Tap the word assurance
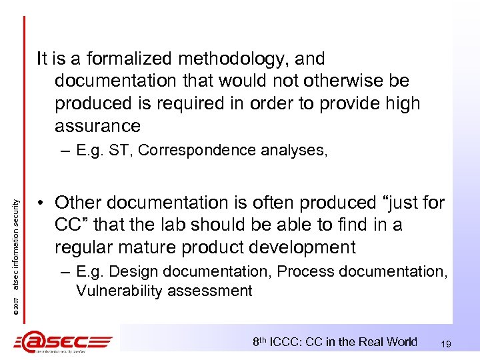(97, 125)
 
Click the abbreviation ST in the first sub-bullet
(124, 151)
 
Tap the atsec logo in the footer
(63, 342)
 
